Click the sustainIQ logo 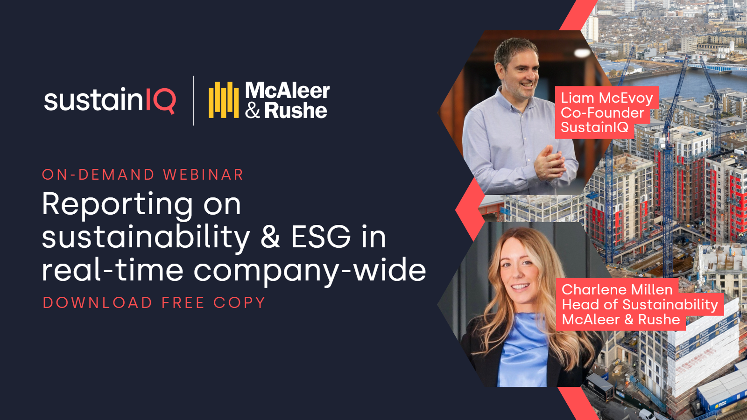[110, 100]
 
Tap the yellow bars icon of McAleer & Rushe [223, 100]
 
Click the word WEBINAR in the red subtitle [203, 175]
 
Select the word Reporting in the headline [117, 204]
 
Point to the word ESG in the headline [321, 237]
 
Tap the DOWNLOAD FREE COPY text [154, 302]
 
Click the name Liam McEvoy [606, 98]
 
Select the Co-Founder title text [602, 113]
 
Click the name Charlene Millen [617, 289]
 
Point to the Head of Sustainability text [640, 305]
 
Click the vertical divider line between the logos [194, 101]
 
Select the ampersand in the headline [270, 237]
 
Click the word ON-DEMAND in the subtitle [98, 175]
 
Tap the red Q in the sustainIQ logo [164, 101]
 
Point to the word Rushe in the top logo [296, 111]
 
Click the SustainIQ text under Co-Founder [594, 127]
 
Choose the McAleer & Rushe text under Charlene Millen [620, 320]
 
